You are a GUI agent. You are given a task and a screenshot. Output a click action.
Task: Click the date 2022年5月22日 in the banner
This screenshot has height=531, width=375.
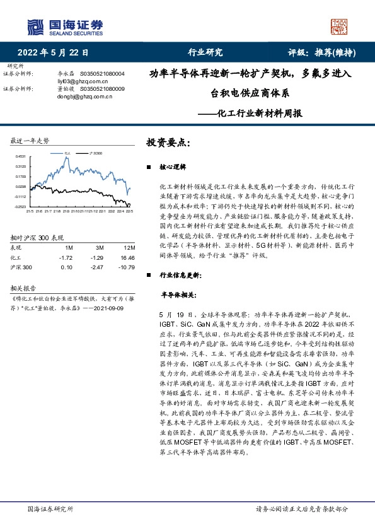(53, 53)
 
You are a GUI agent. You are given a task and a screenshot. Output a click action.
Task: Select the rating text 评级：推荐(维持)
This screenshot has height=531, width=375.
(320, 53)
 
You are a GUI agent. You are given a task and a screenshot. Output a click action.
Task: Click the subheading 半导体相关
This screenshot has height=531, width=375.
(178, 295)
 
